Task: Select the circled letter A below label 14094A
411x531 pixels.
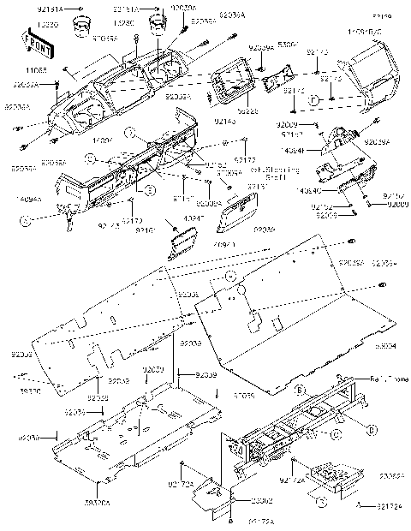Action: pyautogui.click(x=26, y=221)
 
